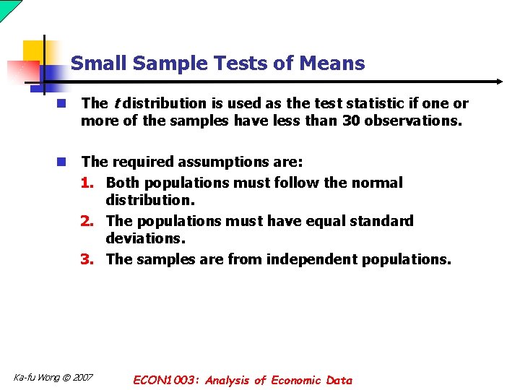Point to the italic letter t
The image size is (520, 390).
pos(117,103)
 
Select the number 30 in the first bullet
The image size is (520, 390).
pos(351,121)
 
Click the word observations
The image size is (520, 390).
pos(412,121)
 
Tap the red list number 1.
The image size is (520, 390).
pos(87,183)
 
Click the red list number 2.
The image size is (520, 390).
pos(87,220)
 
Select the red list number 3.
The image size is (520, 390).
pos(87,259)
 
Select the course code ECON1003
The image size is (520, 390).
pos(168,380)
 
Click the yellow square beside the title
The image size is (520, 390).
pos(34,52)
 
